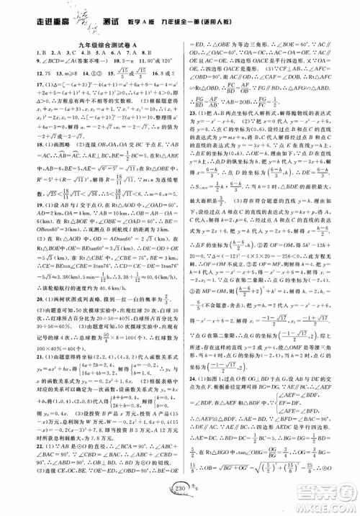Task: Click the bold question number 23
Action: pos(191,153)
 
